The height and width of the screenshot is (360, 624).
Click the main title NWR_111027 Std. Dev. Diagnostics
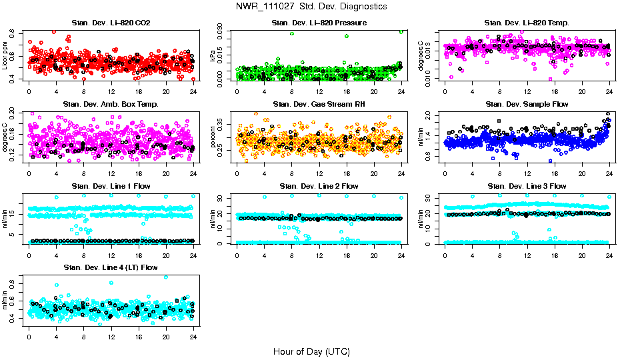tap(311, 7)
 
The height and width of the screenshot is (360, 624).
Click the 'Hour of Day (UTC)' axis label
tap(311, 351)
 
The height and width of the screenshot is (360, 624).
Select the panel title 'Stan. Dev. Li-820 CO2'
tap(111, 23)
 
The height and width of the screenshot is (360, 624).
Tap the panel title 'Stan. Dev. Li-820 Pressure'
tap(319, 23)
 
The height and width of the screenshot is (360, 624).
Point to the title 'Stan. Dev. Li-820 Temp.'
tap(527, 23)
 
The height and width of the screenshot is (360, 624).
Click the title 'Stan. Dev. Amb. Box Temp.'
tap(111, 105)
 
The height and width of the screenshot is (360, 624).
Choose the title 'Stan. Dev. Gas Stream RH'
tap(319, 105)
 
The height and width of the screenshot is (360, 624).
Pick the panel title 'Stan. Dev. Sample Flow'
tap(527, 105)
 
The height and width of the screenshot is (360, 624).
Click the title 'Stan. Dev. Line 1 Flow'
tap(111, 186)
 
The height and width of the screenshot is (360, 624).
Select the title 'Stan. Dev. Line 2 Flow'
tap(319, 186)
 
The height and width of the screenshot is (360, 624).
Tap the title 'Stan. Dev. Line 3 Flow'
tap(527, 186)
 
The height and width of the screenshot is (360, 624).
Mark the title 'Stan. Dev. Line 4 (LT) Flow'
tap(111, 267)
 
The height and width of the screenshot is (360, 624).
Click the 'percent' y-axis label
tap(213, 137)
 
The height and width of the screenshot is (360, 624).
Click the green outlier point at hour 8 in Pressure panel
tap(291, 33)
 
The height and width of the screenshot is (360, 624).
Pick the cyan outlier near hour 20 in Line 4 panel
tap(166, 277)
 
